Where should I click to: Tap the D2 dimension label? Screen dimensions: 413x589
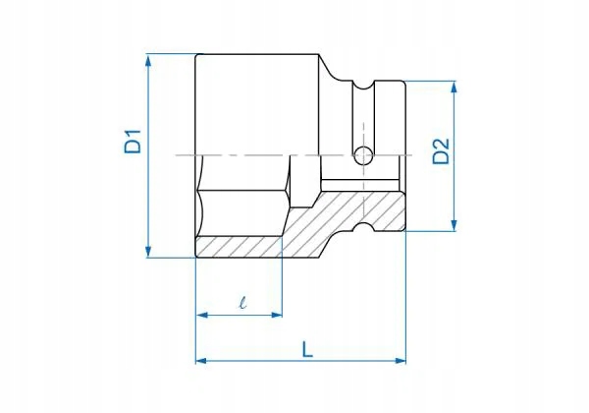441,154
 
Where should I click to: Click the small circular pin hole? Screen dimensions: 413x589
362,154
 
